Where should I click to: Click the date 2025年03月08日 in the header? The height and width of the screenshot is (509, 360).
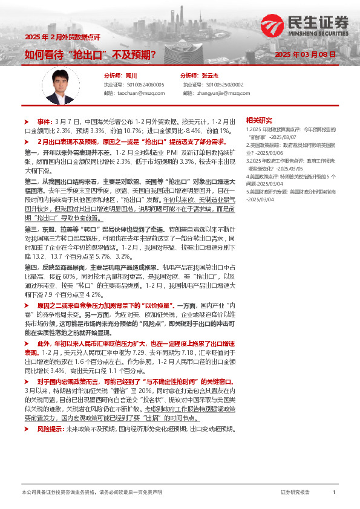(305, 54)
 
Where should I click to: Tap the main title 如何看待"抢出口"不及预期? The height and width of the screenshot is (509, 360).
(91, 54)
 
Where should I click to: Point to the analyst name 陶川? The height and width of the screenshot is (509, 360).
(132, 76)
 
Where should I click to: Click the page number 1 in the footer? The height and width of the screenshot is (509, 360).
(333, 493)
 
